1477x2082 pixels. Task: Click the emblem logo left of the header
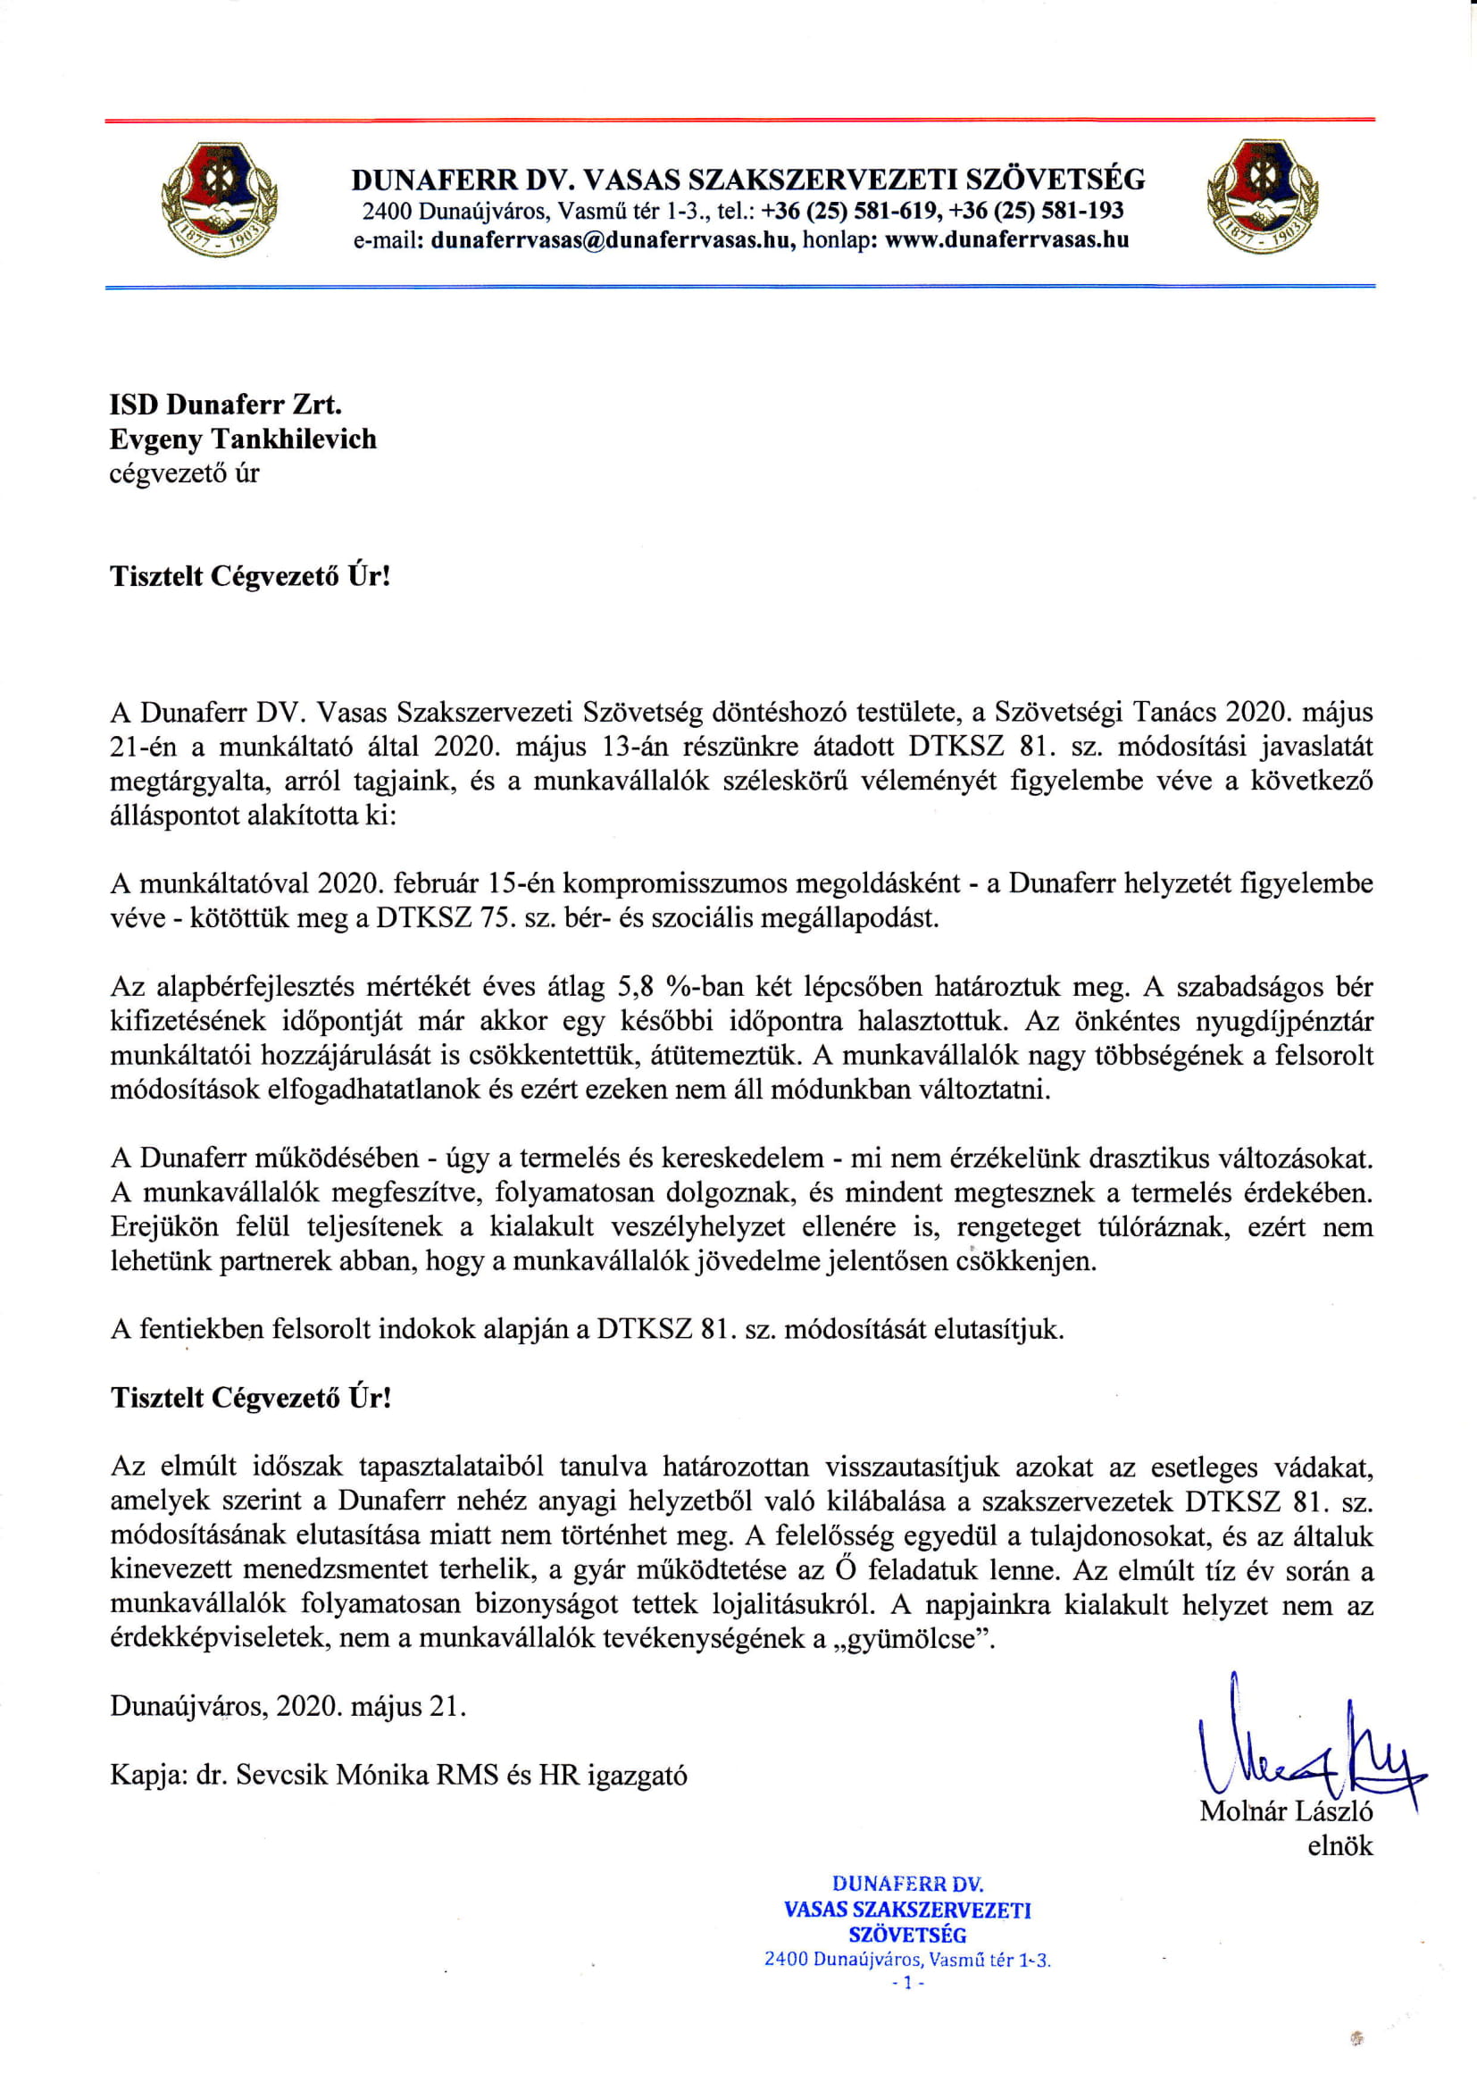coord(219,199)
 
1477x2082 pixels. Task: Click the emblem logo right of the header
coord(1262,197)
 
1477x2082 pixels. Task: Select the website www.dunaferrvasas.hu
coord(1006,240)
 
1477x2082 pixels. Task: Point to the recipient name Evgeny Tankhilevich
coord(243,439)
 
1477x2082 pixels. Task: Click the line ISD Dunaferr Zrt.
coord(226,405)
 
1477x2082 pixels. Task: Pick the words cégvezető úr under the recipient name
coord(185,473)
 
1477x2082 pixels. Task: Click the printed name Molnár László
coord(1285,1811)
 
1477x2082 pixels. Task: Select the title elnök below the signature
coord(1339,1845)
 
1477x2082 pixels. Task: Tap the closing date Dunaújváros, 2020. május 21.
coord(288,1705)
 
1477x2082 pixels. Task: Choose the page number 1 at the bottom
coord(906,1983)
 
